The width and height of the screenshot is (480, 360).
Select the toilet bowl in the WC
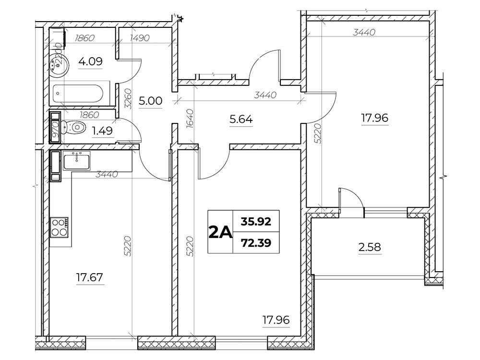(x=72, y=127)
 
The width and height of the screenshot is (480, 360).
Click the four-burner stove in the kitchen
(x=60, y=227)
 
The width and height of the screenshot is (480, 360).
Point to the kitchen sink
(x=76, y=161)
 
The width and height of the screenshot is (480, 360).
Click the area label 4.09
(x=90, y=62)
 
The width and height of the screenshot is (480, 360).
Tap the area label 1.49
(x=103, y=131)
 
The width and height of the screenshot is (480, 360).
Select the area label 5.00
(x=150, y=101)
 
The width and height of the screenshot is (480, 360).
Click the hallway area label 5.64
(x=241, y=119)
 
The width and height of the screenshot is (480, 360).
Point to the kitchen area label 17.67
(x=90, y=277)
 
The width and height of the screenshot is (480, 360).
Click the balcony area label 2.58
(x=370, y=247)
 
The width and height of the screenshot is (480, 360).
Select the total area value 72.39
(x=256, y=243)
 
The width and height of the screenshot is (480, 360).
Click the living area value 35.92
(x=256, y=221)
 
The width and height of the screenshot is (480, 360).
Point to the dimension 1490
(x=140, y=38)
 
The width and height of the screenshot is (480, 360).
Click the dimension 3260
(x=128, y=99)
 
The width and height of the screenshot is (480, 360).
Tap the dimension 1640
(x=190, y=118)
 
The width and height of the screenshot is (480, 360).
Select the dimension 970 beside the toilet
(x=55, y=130)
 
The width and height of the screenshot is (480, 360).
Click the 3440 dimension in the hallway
(x=265, y=95)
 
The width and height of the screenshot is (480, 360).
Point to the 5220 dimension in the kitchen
(x=128, y=246)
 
